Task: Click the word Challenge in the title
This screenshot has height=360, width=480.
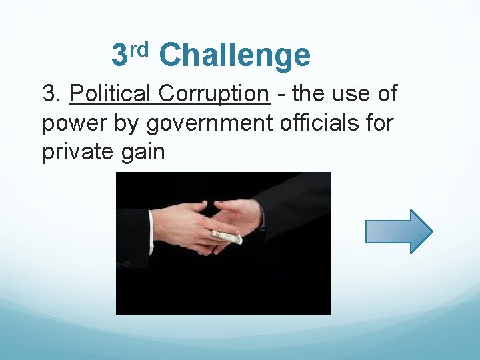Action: tap(235, 55)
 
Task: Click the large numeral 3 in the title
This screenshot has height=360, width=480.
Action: tap(119, 55)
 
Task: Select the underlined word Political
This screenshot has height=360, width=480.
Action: tap(111, 94)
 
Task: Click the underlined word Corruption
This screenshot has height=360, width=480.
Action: tap(214, 94)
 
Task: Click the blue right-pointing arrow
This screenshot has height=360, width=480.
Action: tap(399, 231)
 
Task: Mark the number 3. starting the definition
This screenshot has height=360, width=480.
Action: tap(53, 94)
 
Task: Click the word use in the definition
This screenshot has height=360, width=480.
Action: tap(349, 94)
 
